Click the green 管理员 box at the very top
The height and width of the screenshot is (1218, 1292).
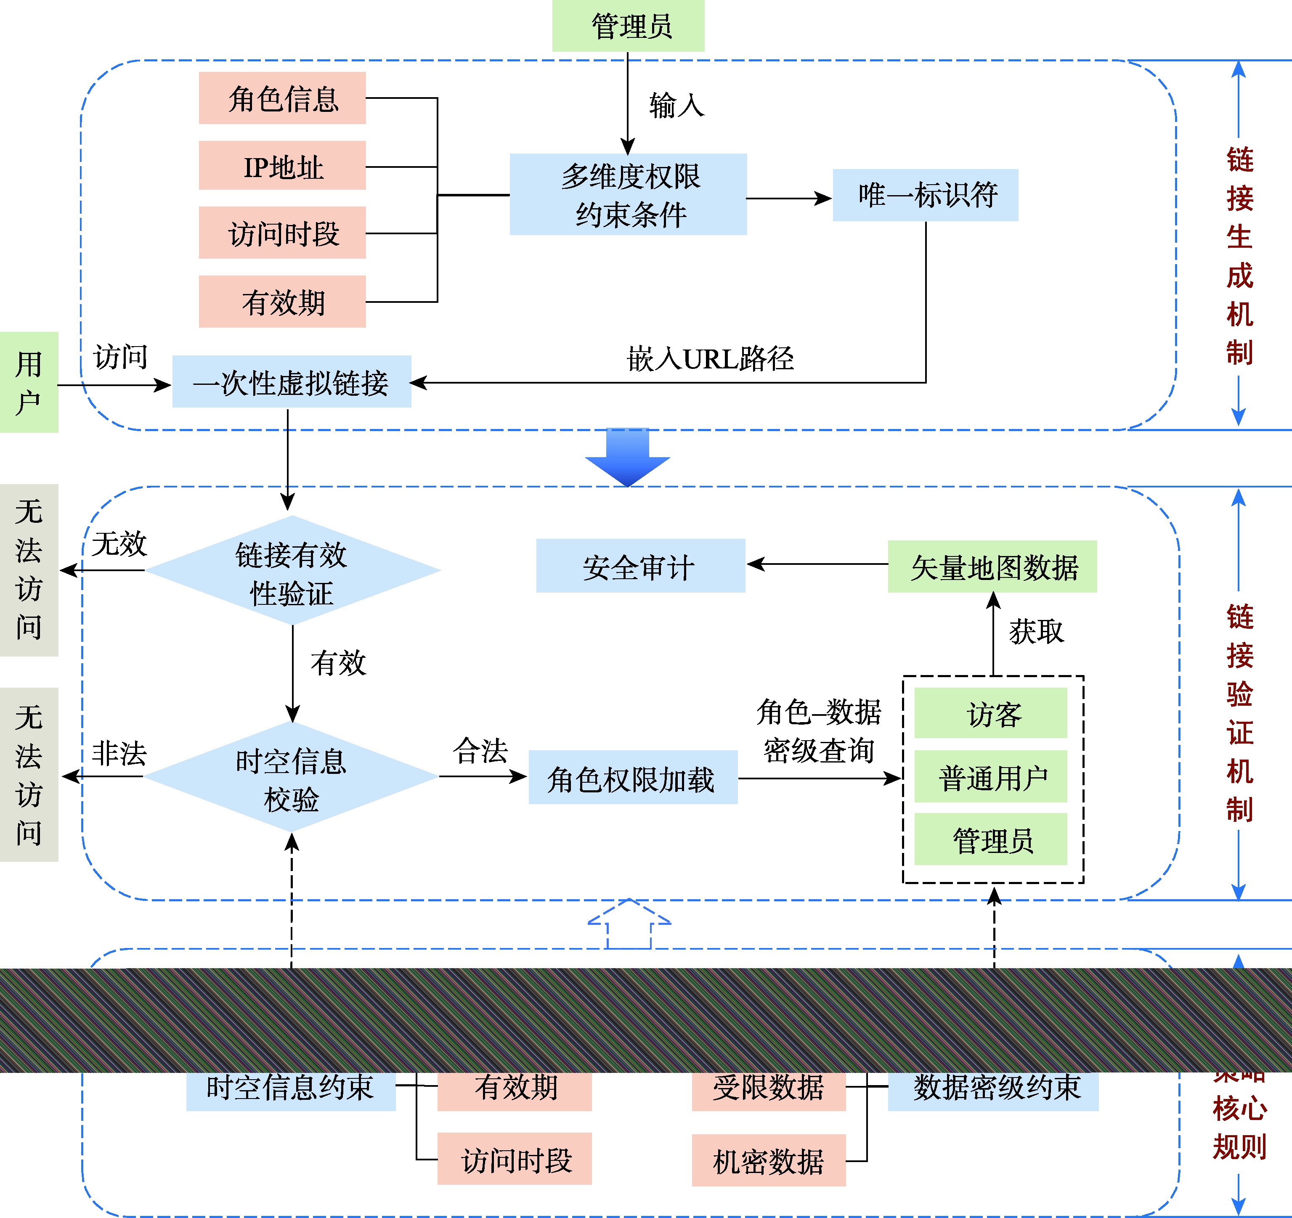click(628, 26)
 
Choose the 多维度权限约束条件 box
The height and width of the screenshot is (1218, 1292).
click(628, 194)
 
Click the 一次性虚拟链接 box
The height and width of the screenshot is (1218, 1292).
click(291, 382)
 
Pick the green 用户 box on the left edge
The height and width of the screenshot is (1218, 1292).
click(29, 382)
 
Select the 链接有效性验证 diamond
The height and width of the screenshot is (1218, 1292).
click(292, 570)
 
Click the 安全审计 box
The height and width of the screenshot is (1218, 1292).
click(640, 566)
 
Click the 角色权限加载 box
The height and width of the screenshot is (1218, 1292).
click(632, 778)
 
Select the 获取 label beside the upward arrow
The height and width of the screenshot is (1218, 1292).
click(1036, 631)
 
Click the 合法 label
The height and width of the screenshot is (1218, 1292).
click(480, 750)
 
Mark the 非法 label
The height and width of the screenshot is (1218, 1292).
click(119, 754)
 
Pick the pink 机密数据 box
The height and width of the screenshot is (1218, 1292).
click(768, 1161)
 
